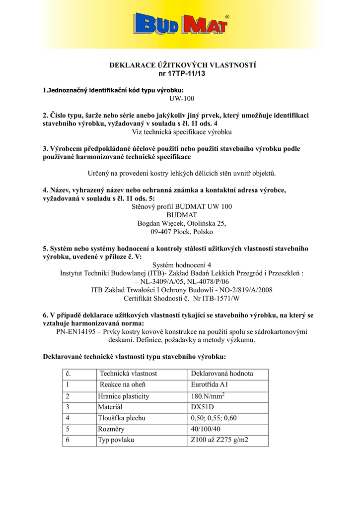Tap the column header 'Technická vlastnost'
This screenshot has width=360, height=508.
click(x=128, y=373)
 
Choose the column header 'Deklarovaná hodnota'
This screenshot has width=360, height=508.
click(x=222, y=373)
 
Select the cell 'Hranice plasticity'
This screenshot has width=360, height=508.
click(x=124, y=396)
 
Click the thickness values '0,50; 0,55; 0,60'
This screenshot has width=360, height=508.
click(x=214, y=418)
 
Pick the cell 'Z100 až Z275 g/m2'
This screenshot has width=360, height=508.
click(x=219, y=440)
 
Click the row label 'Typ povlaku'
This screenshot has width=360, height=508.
click(x=116, y=440)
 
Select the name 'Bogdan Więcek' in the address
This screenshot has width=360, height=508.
click(x=158, y=223)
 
